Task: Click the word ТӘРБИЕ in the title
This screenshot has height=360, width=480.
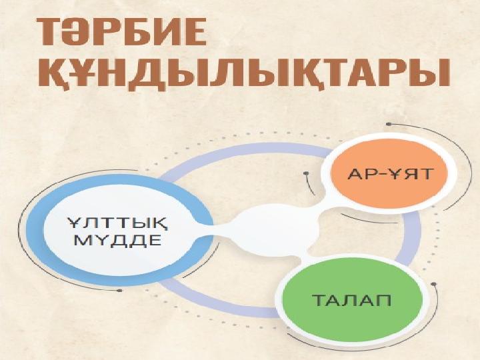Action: click(122, 32)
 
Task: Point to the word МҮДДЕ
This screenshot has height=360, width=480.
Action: click(117, 241)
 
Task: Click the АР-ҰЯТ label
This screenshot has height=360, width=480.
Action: click(390, 174)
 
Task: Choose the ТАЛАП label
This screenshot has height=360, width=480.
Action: click(351, 300)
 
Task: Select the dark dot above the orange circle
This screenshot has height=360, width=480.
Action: click(389, 124)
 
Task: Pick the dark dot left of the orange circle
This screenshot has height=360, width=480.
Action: click(306, 173)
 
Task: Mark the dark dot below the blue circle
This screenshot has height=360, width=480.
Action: click(120, 290)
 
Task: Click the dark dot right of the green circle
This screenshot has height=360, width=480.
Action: click(433, 284)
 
